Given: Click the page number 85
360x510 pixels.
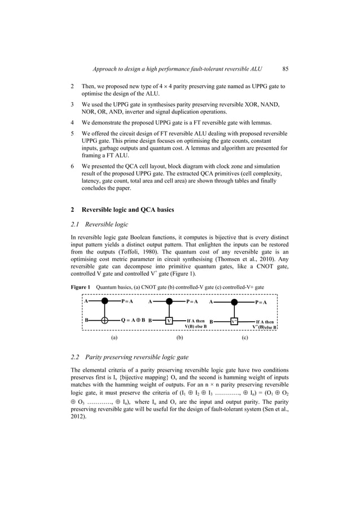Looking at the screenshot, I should pyautogui.click(x=286, y=69).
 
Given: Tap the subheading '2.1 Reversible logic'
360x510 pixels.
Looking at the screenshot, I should pyautogui.click(x=100, y=224).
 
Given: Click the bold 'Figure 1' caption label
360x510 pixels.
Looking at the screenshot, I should pyautogui.click(x=80, y=287).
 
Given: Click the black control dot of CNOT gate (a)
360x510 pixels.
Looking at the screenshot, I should pyautogui.click(x=104, y=302).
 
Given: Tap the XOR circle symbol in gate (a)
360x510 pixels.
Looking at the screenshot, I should pyautogui.click(x=104, y=320).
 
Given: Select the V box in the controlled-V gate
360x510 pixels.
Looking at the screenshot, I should pyautogui.click(x=169, y=320).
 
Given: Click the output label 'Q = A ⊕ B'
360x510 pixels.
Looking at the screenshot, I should pyautogui.click(x=133, y=320).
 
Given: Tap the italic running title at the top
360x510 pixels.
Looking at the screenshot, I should pyautogui.click(x=178, y=69).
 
